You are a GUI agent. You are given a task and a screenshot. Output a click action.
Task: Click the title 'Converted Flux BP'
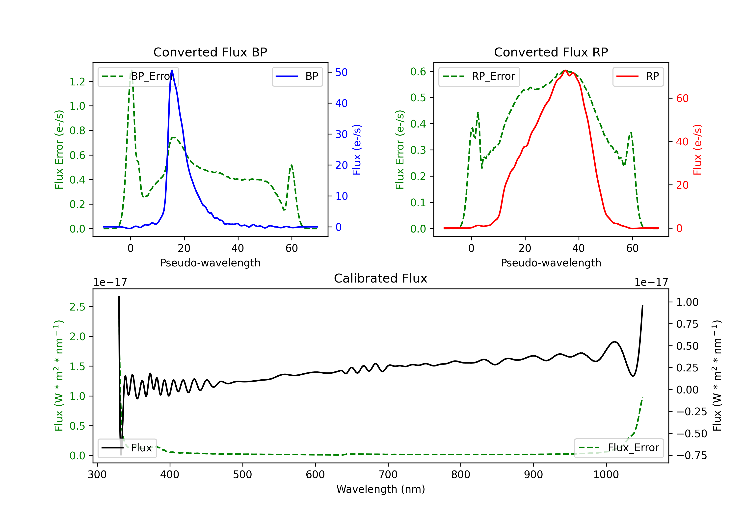click(210, 52)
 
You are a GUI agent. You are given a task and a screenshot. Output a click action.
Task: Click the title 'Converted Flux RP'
click(551, 52)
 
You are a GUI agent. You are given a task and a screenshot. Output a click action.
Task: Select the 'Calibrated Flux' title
click(381, 278)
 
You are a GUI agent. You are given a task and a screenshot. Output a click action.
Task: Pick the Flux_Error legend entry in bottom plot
click(619, 448)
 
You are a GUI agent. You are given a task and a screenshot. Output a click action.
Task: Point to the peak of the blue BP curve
click(172, 70)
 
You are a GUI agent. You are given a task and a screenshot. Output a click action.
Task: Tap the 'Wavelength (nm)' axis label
click(381, 489)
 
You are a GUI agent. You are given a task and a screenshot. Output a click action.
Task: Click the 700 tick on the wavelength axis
click(388, 474)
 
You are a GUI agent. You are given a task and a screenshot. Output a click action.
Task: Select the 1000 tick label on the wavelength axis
click(606, 474)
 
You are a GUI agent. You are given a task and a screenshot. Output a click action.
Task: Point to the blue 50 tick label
click(341, 72)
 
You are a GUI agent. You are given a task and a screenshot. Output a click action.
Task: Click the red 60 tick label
click(683, 98)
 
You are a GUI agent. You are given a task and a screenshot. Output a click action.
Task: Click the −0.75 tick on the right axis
click(691, 455)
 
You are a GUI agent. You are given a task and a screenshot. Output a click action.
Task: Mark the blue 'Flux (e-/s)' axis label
click(357, 150)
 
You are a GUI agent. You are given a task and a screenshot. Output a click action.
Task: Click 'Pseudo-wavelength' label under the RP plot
click(551, 263)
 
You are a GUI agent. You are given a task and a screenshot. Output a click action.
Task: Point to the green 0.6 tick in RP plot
click(418, 72)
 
